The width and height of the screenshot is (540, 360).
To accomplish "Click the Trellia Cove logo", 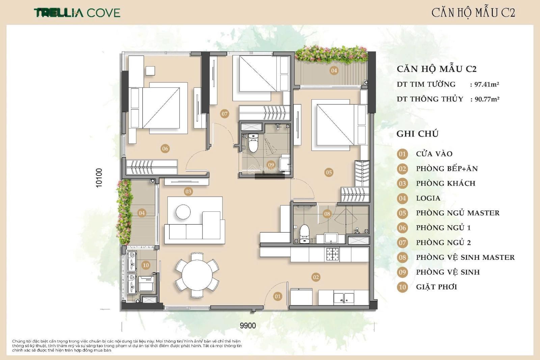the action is [77, 13].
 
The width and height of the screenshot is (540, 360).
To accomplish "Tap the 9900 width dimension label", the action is [248, 326].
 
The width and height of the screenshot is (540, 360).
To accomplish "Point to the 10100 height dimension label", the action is [99, 178].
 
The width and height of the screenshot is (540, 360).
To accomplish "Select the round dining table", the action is [197, 275].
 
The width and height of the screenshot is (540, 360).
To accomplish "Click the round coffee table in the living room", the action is [183, 212].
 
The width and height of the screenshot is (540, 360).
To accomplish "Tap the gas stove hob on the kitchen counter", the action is [333, 254].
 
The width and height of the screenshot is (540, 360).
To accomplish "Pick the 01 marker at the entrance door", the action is [277, 297].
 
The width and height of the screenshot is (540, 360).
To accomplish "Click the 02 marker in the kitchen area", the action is [316, 277].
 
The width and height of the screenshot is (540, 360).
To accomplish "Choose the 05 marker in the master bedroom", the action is [329, 172].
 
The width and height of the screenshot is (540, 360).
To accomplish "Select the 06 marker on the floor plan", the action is [165, 149].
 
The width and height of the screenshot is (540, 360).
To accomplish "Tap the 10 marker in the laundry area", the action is [146, 265].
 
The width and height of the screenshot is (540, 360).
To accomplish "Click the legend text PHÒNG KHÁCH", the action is [446, 183].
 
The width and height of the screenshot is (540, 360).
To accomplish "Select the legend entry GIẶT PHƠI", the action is [437, 287].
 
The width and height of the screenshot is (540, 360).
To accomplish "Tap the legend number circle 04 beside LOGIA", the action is [402, 198].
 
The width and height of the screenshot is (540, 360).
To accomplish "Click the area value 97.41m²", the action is [487, 84].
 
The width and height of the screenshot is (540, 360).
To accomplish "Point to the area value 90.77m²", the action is [487, 99].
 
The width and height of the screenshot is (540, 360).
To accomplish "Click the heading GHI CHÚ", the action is [417, 134].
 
